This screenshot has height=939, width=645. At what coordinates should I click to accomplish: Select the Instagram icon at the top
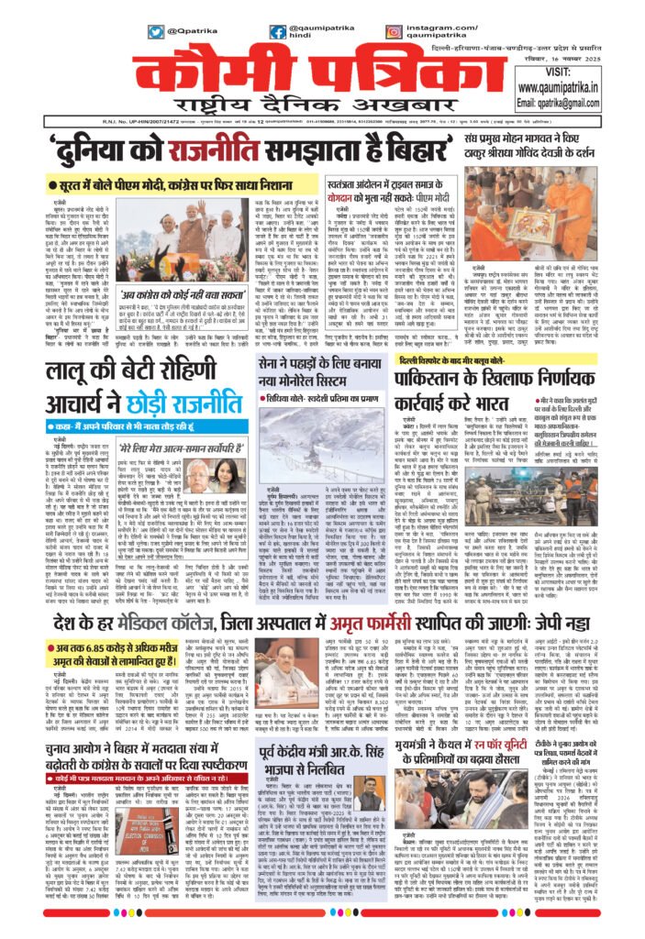click(393, 31)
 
